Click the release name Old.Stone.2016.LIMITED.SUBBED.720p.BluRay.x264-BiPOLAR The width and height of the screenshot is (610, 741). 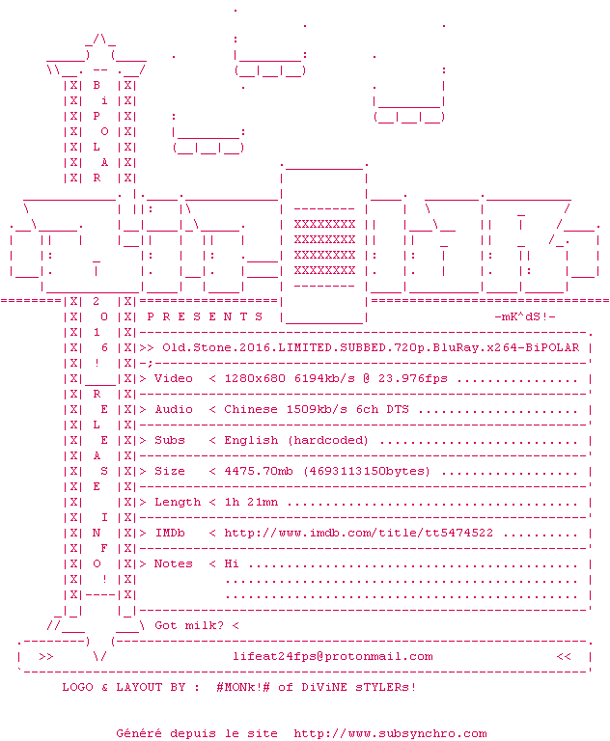coord(371,347)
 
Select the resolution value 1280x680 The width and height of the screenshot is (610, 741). coord(255,378)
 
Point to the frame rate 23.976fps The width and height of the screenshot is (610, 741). coord(413,378)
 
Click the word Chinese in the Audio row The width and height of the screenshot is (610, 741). coord(251,409)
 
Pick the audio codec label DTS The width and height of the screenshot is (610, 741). coord(398,409)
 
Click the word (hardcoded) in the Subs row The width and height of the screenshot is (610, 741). coord(328,440)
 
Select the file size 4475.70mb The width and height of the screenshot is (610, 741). coord(259,471)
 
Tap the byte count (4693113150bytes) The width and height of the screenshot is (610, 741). coord(367,471)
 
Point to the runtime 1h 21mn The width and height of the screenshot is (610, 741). coord(251,502)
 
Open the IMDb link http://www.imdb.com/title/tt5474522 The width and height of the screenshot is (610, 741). coord(359,533)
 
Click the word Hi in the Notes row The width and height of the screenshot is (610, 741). coord(232,563)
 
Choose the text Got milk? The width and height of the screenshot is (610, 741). coord(189,625)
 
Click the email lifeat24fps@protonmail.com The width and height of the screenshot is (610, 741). coord(332,657)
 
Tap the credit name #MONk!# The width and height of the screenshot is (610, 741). coord(243,687)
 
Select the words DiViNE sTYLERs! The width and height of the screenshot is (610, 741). coord(359,687)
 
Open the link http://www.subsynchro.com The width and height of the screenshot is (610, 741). coord(390,733)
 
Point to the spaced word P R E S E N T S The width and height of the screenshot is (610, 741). coord(205,316)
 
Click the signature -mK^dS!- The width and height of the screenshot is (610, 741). coord(525,316)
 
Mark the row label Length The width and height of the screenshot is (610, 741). coord(178,502)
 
